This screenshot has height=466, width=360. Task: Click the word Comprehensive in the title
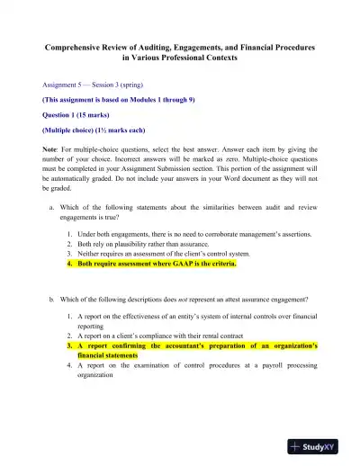click(76, 44)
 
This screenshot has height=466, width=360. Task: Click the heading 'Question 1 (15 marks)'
click(76, 115)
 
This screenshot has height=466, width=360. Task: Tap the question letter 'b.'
click(52, 298)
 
